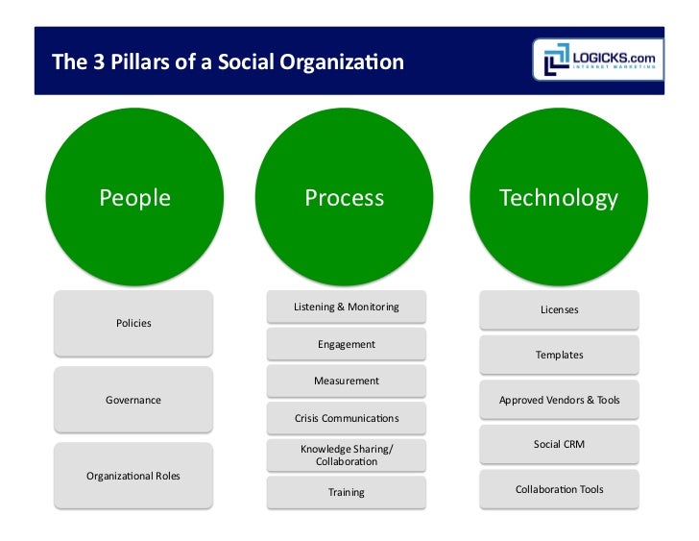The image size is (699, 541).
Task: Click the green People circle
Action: pos(134,199)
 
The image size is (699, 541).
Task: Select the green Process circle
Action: pos(345,199)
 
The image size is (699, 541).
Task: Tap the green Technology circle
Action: pos(559,199)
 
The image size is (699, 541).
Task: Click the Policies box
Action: pos(133,324)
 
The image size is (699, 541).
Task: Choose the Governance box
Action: pos(133,400)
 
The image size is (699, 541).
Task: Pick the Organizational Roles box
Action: pos(133,476)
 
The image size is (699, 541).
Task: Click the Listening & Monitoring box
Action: pos(346,307)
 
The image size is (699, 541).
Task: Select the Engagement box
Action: pos(346,344)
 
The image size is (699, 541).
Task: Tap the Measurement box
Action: pos(346,381)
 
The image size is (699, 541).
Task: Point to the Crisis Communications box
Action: pos(346,418)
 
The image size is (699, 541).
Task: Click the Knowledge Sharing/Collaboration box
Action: pos(346,455)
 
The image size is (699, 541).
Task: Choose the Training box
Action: pos(346,492)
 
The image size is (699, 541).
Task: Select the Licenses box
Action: pos(559,310)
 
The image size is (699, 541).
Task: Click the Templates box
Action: pos(559,356)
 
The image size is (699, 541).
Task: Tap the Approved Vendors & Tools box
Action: pos(559,400)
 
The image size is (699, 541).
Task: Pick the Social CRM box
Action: pos(559,445)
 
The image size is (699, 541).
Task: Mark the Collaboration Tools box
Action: pos(559,489)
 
